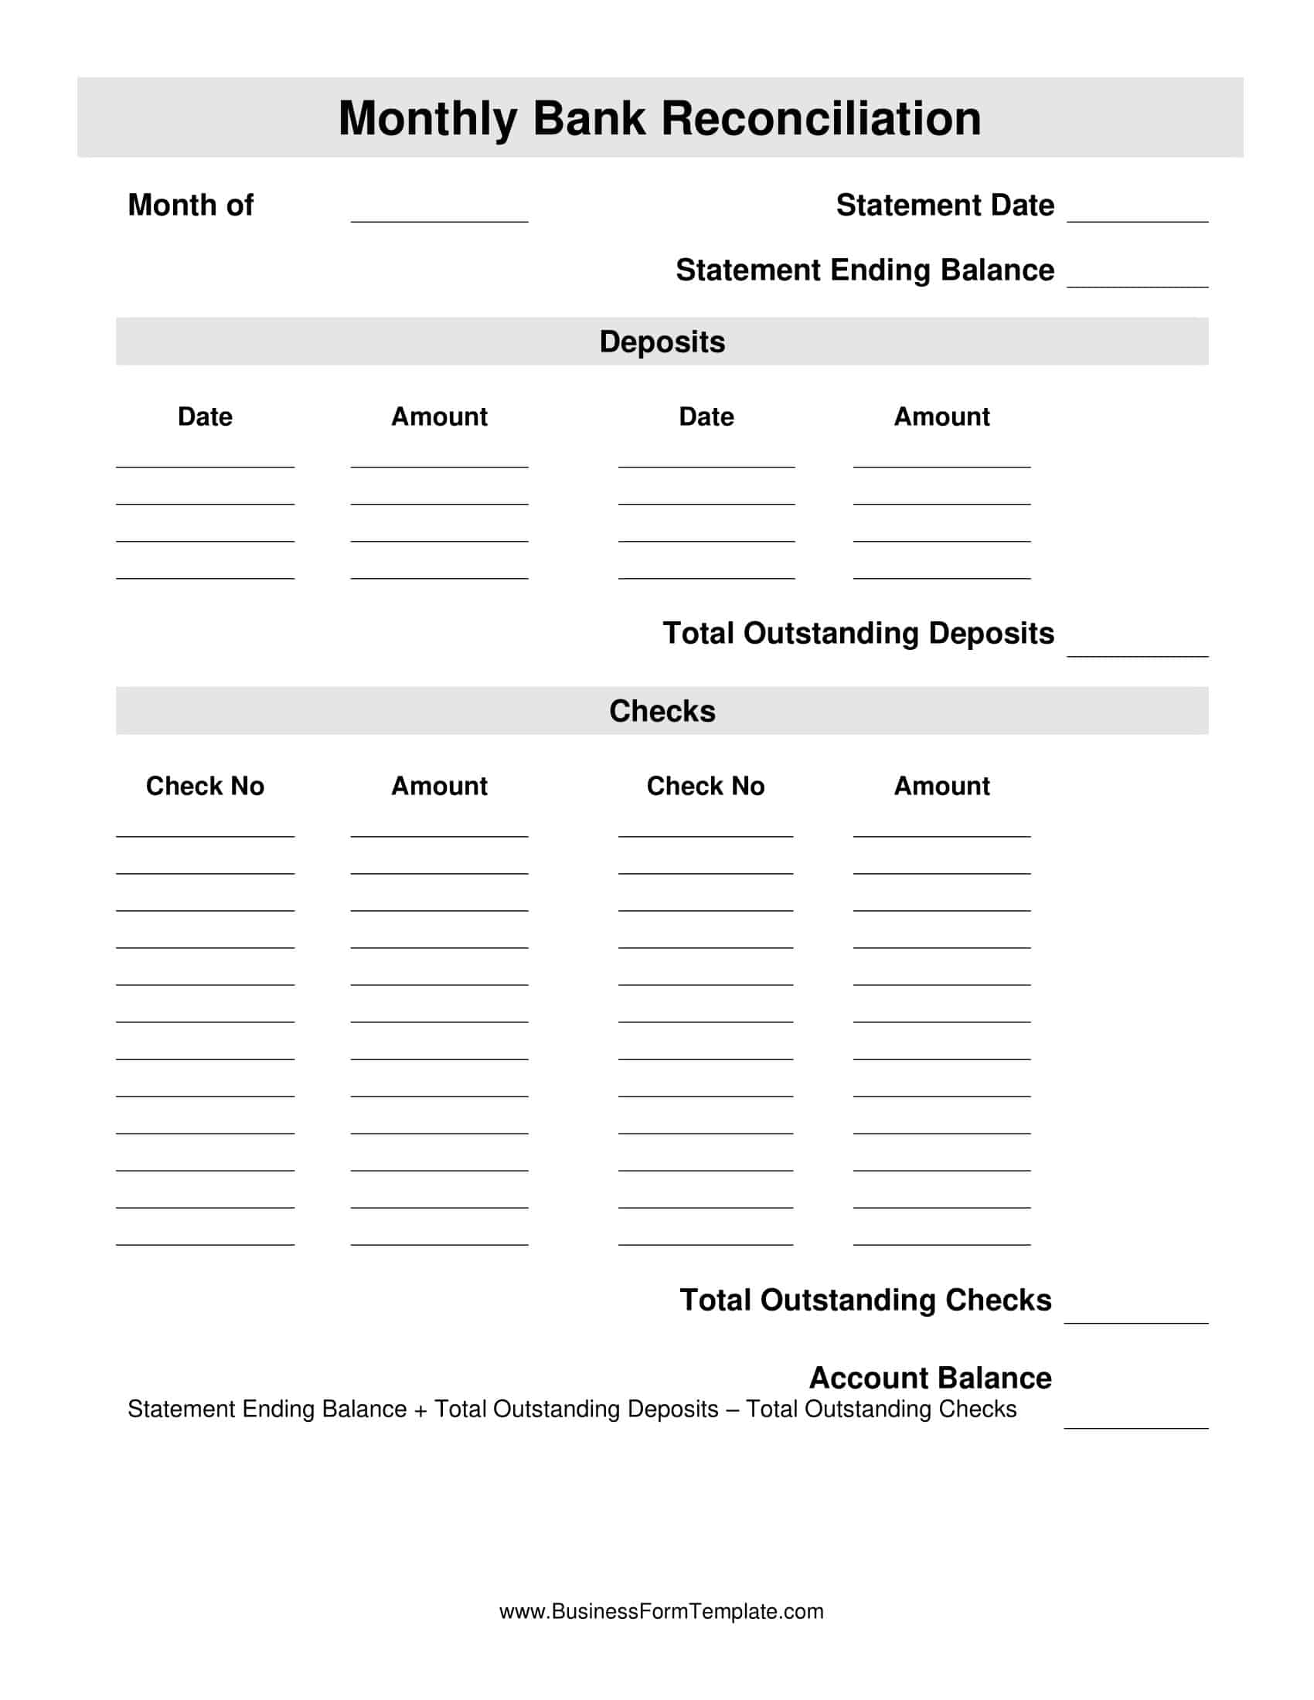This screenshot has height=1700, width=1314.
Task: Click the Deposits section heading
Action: click(662, 342)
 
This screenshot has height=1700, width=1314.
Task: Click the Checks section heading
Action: click(662, 711)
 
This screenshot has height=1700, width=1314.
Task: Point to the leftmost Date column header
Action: click(205, 416)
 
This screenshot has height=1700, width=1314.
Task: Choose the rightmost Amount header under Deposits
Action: click(941, 416)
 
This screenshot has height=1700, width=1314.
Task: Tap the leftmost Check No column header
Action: click(205, 785)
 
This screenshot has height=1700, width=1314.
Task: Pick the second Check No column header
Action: click(705, 785)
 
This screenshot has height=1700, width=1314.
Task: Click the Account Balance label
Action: click(930, 1378)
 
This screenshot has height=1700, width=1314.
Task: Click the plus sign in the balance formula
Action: click(420, 1409)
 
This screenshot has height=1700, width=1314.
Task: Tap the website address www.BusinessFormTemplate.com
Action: click(661, 1611)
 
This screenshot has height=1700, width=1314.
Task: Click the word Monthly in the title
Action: click(427, 118)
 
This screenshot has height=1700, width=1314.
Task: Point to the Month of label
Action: click(191, 206)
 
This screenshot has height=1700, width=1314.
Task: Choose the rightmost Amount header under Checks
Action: click(941, 785)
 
